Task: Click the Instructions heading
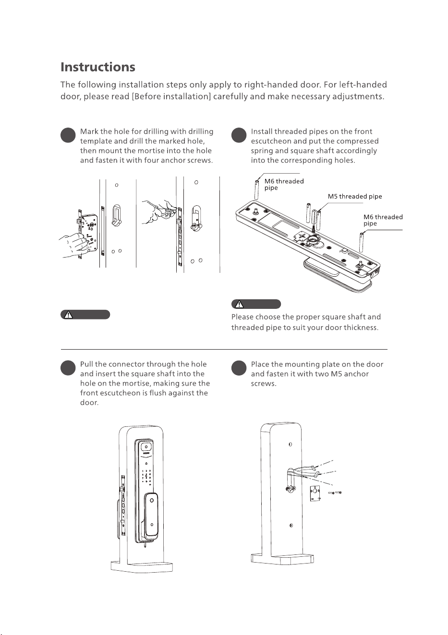pos(98,67)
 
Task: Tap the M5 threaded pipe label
pos(355,196)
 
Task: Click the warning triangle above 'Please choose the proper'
pos(239,304)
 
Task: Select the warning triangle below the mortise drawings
pos(68,315)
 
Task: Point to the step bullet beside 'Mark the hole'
pos(68,135)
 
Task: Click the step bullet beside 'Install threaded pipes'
pos(239,135)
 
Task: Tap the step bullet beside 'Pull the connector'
pos(68,368)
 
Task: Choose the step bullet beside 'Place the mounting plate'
pos(239,368)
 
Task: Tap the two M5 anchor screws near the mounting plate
pos(335,493)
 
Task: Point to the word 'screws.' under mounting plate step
pos(264,384)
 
